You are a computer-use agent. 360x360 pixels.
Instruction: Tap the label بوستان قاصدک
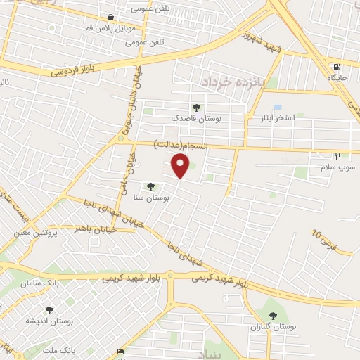pyautogui.click(x=197, y=120)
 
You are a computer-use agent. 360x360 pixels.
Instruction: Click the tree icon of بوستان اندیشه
pyautogui.click(x=49, y=309)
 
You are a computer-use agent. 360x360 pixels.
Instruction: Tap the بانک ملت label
pyautogui.click(x=77, y=349)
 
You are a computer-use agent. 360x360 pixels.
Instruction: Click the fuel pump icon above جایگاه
pyautogui.click(x=337, y=68)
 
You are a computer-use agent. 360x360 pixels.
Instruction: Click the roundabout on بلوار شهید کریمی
pyautogui.click(x=169, y=276)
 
